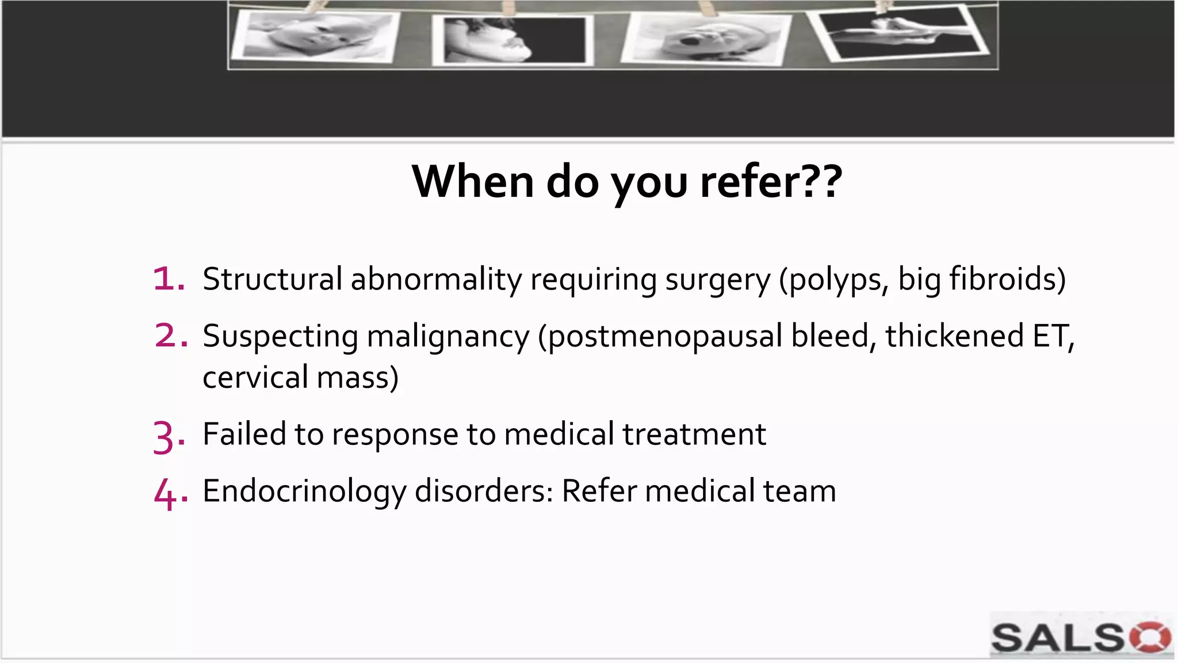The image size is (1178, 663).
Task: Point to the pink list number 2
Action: point(170,336)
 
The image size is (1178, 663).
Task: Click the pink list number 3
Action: point(168,436)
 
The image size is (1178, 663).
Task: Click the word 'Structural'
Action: point(272,279)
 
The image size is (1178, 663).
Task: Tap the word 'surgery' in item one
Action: point(717,280)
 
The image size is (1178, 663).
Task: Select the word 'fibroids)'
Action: point(1007,279)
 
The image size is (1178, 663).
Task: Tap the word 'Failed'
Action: point(244,434)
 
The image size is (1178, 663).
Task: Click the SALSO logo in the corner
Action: point(1080,637)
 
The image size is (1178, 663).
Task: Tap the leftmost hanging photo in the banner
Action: point(315,36)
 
